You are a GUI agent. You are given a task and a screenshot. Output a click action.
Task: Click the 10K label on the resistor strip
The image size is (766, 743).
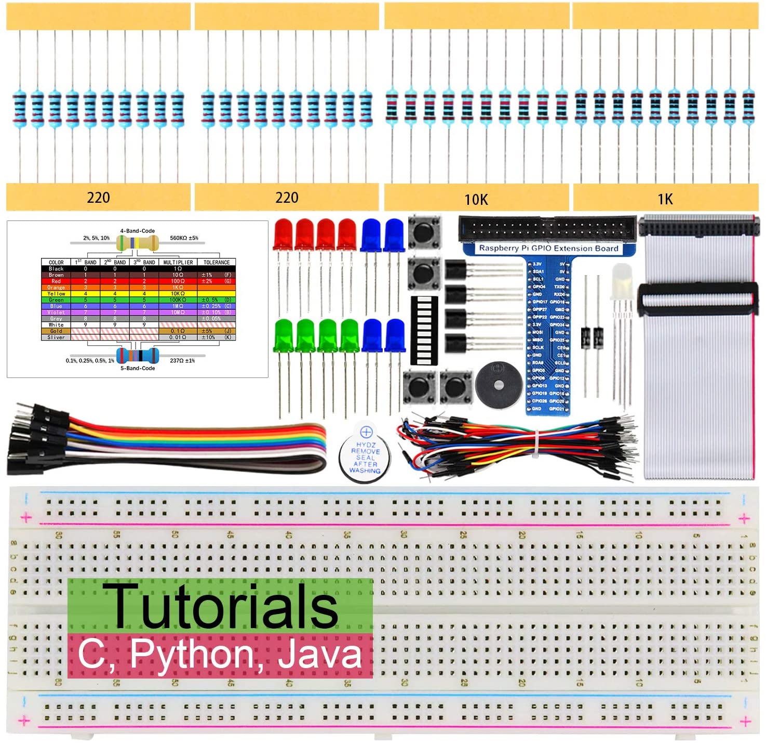(x=476, y=200)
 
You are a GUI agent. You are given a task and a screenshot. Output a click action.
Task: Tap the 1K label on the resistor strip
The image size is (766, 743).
(x=665, y=199)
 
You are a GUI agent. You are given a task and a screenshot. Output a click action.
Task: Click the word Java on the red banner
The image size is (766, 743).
(x=319, y=654)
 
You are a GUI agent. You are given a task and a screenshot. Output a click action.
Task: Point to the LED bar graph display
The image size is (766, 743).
(x=424, y=331)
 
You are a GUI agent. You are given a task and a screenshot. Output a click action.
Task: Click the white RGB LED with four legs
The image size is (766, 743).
(x=621, y=283)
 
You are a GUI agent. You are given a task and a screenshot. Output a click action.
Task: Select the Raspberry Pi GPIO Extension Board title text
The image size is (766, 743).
(x=548, y=249)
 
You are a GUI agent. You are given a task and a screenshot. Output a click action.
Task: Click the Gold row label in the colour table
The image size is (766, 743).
(x=56, y=331)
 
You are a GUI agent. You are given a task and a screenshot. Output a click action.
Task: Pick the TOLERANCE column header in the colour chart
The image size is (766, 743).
(x=217, y=263)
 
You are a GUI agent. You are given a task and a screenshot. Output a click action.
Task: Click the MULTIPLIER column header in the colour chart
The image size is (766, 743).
(x=178, y=263)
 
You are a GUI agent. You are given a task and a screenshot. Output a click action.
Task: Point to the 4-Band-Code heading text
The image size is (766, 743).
(x=138, y=231)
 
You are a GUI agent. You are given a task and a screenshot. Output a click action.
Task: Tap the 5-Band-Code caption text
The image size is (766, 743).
(x=138, y=368)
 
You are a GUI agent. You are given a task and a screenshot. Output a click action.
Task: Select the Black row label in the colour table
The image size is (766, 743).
(x=56, y=269)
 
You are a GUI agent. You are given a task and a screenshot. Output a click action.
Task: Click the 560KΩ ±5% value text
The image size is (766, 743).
(x=184, y=238)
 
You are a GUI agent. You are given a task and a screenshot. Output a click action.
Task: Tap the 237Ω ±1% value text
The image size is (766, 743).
(x=182, y=360)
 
